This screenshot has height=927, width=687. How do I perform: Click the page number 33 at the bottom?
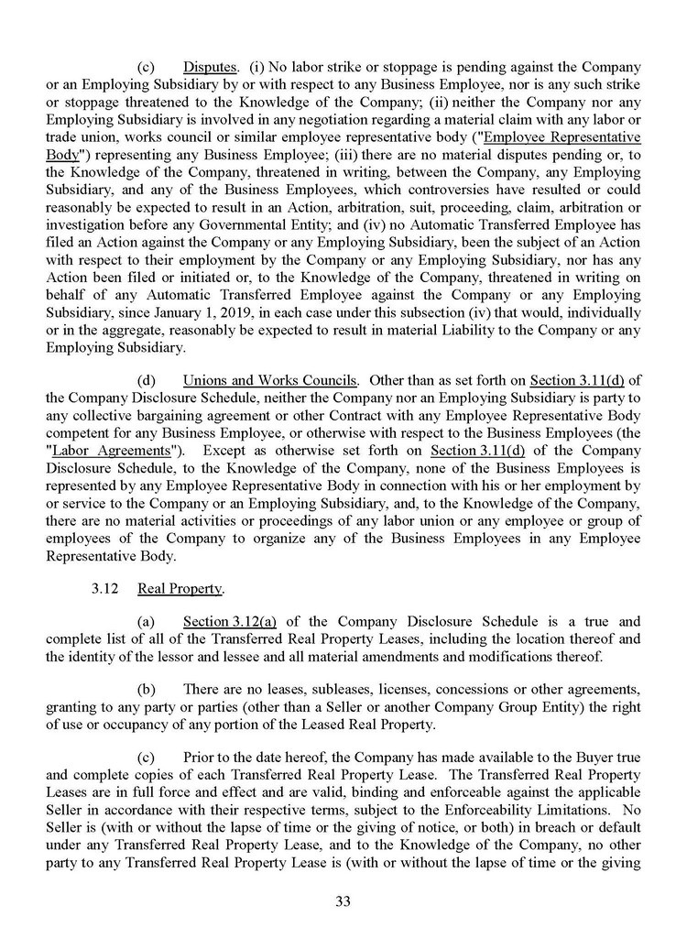coord(343,900)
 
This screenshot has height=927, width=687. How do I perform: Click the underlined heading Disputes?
coord(210,67)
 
